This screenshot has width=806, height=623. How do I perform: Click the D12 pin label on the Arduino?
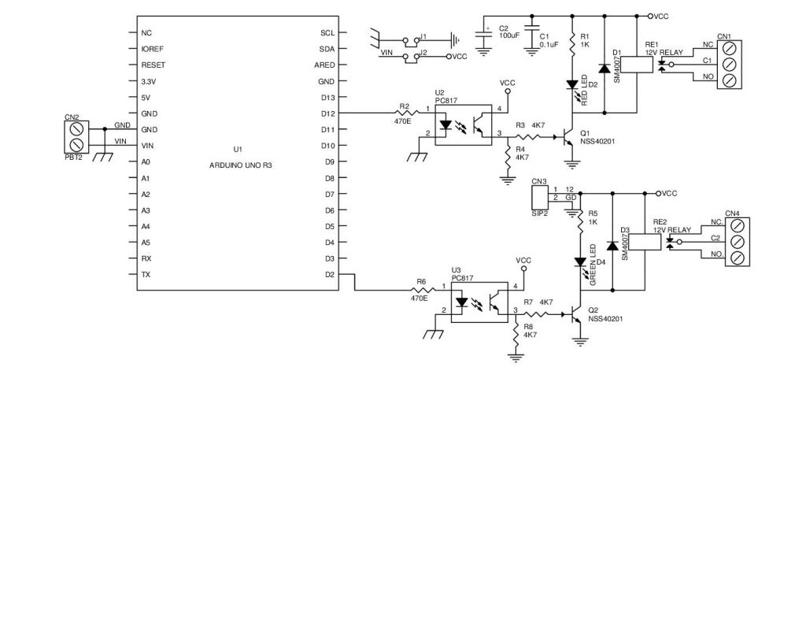(327, 113)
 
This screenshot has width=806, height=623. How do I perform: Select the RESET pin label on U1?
(153, 65)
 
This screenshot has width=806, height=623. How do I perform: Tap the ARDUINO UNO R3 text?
(240, 165)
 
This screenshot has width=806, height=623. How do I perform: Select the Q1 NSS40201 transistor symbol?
(568, 137)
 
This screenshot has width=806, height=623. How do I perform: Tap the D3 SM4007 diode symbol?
(612, 246)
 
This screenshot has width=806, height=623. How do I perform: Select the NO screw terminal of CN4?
(737, 258)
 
